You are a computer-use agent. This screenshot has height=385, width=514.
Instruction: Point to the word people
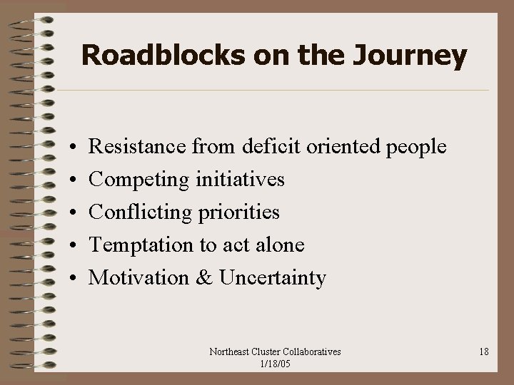[x=415, y=148]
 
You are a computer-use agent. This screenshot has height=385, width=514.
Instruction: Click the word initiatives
[x=240, y=180]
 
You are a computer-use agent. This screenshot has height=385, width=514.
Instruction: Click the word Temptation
[x=141, y=245]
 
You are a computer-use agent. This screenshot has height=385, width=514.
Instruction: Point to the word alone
[x=280, y=245]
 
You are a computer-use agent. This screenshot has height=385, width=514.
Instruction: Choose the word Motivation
[x=138, y=277]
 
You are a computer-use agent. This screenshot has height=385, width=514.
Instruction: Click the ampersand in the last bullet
[x=204, y=277]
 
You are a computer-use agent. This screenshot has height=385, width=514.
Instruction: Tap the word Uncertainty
[x=273, y=278]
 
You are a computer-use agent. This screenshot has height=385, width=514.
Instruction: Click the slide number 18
[x=483, y=351]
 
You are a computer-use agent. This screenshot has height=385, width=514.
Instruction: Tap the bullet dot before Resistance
[x=74, y=148]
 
